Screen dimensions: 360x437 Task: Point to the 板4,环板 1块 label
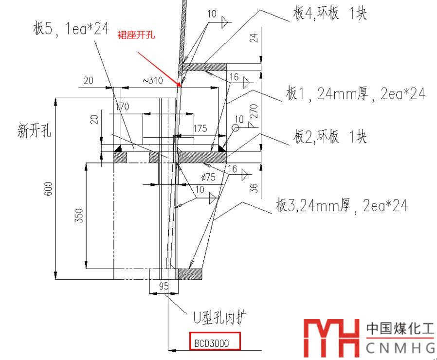point(329,14)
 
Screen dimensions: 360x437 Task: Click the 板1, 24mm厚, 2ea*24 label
point(355,94)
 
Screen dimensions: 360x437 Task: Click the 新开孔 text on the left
point(35,131)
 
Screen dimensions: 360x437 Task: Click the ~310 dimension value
point(152,81)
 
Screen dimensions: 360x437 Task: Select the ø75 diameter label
point(207,177)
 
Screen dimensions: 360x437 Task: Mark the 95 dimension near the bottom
point(163,286)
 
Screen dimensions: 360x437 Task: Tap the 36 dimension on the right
point(253,188)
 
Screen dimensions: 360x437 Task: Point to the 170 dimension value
point(122,107)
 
